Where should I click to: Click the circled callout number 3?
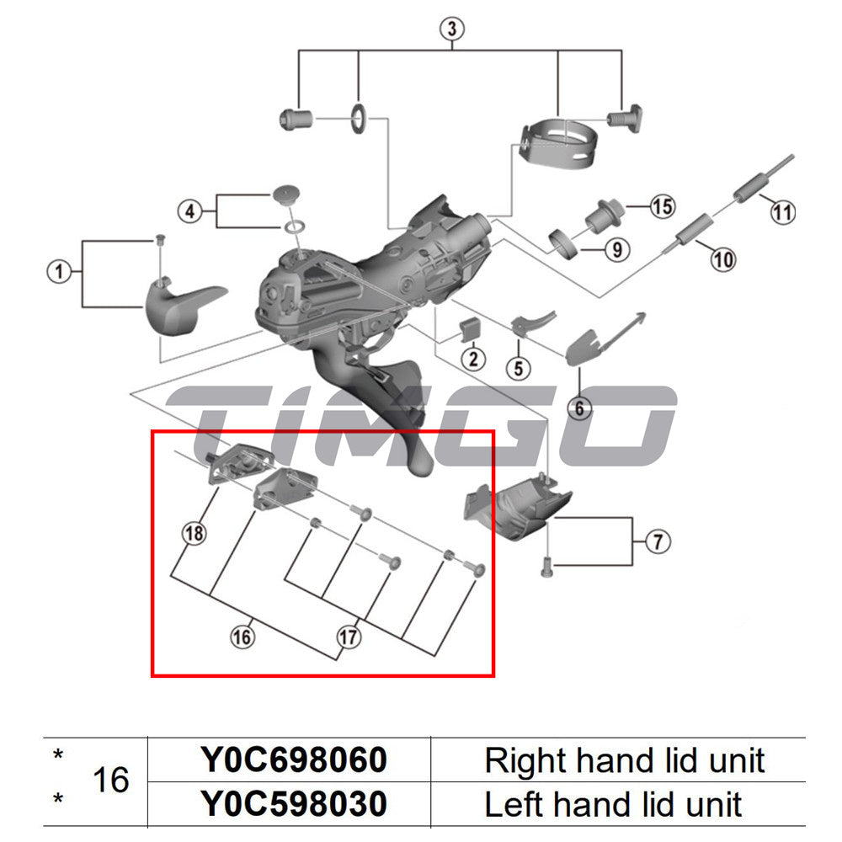[x=452, y=29]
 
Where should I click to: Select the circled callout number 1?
[x=58, y=272]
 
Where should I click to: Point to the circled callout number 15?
[x=662, y=206]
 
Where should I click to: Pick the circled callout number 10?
[x=722, y=258]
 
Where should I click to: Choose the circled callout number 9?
[x=616, y=249]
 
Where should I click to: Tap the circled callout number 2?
[x=472, y=360]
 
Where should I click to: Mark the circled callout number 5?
[x=518, y=367]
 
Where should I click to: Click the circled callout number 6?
[x=579, y=409]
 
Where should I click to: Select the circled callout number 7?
[x=658, y=541]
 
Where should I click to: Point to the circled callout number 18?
[x=195, y=532]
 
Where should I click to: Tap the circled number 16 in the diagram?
[x=242, y=637]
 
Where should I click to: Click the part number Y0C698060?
[x=293, y=760]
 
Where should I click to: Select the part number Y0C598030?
[x=293, y=804]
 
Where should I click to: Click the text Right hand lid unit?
[x=624, y=760]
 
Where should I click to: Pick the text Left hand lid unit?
[x=613, y=804]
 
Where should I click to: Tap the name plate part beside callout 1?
[x=181, y=304]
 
